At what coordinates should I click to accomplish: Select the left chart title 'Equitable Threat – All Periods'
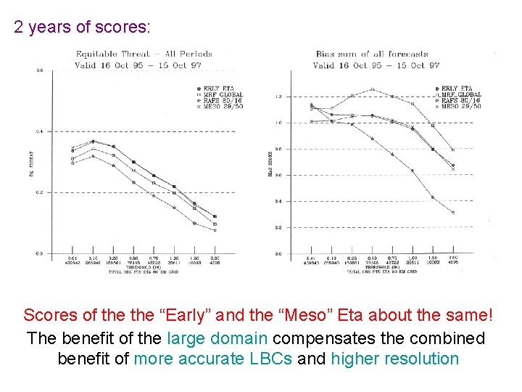coord(144,54)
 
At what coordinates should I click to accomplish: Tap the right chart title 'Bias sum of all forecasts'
coord(372,54)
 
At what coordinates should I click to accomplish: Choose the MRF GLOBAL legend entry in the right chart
coord(460,94)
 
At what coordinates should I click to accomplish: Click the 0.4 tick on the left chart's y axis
coord(40,131)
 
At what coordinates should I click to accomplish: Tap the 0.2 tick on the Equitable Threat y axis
coord(40,192)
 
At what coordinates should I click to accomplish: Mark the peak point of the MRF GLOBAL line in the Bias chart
coord(372,90)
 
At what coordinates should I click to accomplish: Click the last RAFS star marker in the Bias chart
coord(453,213)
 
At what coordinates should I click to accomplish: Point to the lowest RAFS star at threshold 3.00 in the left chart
coord(215,231)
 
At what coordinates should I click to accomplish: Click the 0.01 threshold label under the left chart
coord(72,258)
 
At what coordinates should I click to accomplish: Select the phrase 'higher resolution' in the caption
coord(394,359)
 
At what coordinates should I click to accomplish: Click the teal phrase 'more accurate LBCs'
coord(213,359)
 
